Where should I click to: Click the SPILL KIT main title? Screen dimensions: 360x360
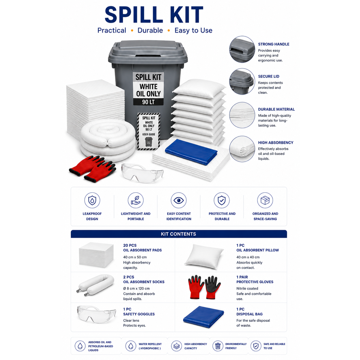click(x=154, y=15)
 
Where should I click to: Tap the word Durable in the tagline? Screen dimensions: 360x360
click(x=150, y=30)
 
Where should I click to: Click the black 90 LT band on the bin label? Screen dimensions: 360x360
click(x=148, y=102)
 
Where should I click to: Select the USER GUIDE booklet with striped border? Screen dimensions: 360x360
click(x=148, y=131)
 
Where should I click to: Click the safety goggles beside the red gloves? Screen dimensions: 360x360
click(x=142, y=173)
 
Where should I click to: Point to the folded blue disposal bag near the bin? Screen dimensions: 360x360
click(x=191, y=152)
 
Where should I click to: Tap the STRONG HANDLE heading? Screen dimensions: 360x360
click(x=273, y=44)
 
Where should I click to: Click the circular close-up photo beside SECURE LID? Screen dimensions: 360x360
click(x=242, y=81)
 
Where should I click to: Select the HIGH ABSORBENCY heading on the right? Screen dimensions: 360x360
click(x=276, y=142)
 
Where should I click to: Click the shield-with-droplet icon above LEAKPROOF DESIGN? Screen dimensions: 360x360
click(x=92, y=200)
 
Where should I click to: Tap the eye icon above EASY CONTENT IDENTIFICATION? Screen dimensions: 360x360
click(x=178, y=200)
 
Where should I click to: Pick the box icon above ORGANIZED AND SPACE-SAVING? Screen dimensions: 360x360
click(x=265, y=200)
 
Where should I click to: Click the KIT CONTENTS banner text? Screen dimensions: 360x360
click(x=178, y=234)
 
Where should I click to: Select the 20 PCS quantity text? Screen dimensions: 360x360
click(x=130, y=245)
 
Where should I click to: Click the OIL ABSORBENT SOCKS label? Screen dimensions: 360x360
click(x=144, y=282)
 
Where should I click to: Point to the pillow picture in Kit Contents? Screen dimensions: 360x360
click(x=204, y=256)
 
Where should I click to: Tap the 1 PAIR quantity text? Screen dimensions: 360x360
click(x=242, y=277)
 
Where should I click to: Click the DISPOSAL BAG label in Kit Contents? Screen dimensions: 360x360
click(x=249, y=314)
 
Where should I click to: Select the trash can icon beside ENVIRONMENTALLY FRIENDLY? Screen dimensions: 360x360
click(x=217, y=346)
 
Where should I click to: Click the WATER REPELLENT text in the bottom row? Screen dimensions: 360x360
click(x=150, y=344)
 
